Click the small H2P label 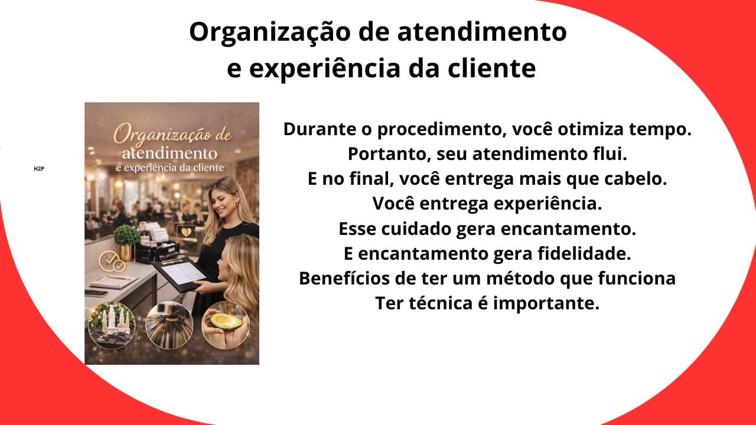coord(39,169)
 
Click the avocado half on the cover coord(226,322)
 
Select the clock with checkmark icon coord(111,261)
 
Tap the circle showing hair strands coord(169,325)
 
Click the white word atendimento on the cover coord(169,153)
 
